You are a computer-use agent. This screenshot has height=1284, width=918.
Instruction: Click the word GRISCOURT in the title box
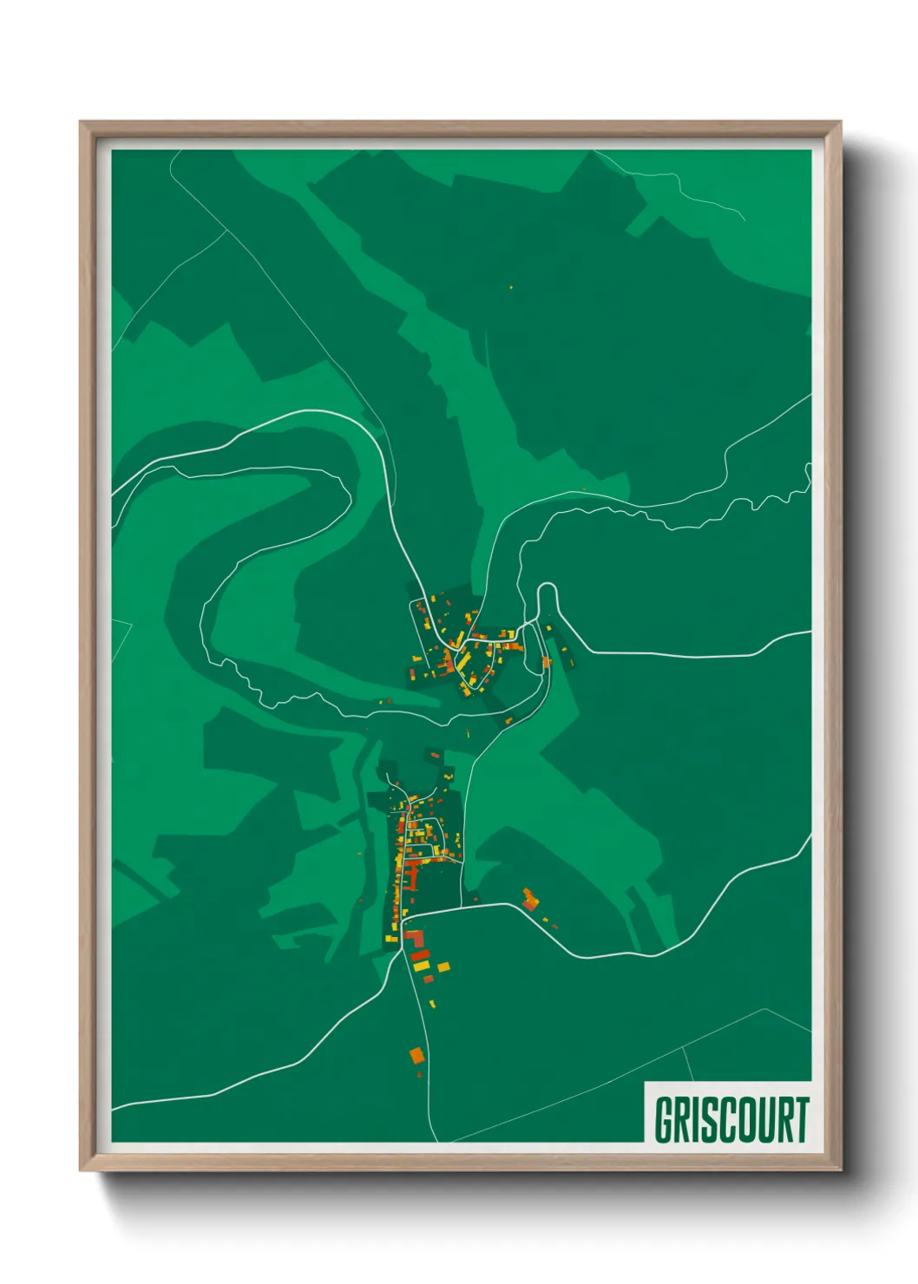[x=731, y=1120]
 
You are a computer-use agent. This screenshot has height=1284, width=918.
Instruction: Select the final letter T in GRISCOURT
[x=801, y=1120]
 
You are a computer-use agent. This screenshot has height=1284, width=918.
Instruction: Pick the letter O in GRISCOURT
[x=744, y=1120]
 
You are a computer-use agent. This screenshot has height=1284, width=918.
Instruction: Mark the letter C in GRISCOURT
[x=723, y=1120]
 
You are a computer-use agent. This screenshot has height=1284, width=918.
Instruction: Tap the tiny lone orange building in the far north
[x=510, y=287]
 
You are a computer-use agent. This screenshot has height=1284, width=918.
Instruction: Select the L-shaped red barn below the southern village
[x=416, y=940]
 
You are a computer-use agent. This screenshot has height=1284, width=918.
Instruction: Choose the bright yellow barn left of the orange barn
[x=421, y=966]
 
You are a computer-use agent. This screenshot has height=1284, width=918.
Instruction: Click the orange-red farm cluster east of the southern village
[x=529, y=899]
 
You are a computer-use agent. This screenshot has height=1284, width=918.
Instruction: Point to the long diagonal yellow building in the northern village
[x=463, y=664]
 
